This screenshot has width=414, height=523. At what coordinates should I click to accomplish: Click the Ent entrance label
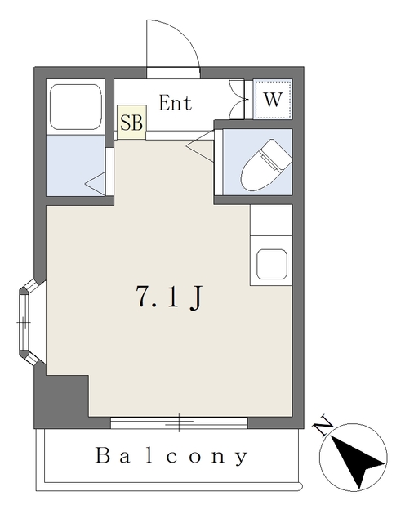point(175,103)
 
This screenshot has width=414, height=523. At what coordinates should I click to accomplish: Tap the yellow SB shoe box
point(131,123)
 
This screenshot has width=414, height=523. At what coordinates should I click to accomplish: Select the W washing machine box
point(273,101)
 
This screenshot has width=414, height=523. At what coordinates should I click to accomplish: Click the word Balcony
point(171,456)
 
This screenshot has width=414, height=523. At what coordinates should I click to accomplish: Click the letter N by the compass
point(323,425)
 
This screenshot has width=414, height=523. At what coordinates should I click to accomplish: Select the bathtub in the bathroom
point(75,106)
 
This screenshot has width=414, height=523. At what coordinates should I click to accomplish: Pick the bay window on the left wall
point(27,323)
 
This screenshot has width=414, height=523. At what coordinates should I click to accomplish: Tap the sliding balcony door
point(179,422)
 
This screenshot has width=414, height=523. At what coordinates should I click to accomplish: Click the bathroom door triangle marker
point(96,183)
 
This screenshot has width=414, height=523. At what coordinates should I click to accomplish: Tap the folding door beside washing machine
point(238,99)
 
